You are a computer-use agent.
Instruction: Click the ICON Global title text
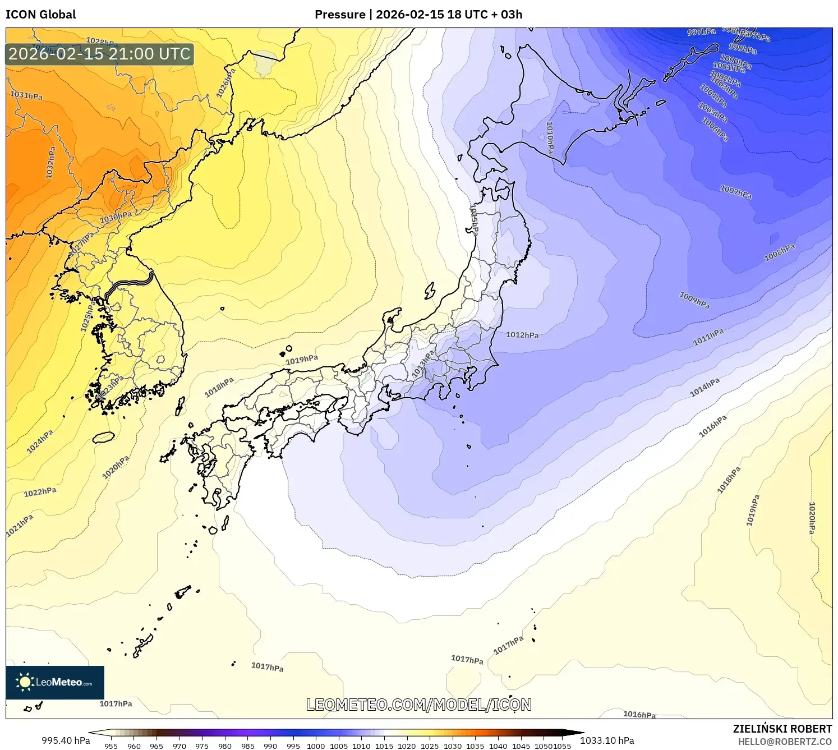(x=40, y=15)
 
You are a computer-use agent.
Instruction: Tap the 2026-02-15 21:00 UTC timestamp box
(x=100, y=54)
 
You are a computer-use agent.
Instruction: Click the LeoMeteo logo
(x=55, y=682)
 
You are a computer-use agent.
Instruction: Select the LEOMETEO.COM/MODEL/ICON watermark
(x=418, y=705)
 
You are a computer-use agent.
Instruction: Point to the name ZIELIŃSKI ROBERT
(x=782, y=729)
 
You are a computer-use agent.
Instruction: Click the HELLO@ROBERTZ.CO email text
(x=784, y=742)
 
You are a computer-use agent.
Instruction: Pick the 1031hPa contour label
(x=26, y=95)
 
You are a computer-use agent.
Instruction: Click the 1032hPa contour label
(x=50, y=163)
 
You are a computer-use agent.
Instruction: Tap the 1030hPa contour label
(x=116, y=217)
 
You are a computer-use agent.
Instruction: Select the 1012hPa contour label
(x=522, y=335)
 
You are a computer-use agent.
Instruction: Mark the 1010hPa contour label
(x=550, y=137)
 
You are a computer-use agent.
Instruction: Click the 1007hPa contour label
(x=735, y=192)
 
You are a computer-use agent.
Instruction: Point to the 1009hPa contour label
(x=694, y=300)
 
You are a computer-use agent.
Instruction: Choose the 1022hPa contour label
(x=40, y=492)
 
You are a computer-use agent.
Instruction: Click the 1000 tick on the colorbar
(x=316, y=746)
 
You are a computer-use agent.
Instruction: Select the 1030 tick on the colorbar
(x=453, y=746)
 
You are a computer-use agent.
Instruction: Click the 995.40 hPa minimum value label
(x=66, y=740)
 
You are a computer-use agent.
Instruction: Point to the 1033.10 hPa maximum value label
(x=607, y=740)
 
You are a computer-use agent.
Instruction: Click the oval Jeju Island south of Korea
(x=103, y=437)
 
